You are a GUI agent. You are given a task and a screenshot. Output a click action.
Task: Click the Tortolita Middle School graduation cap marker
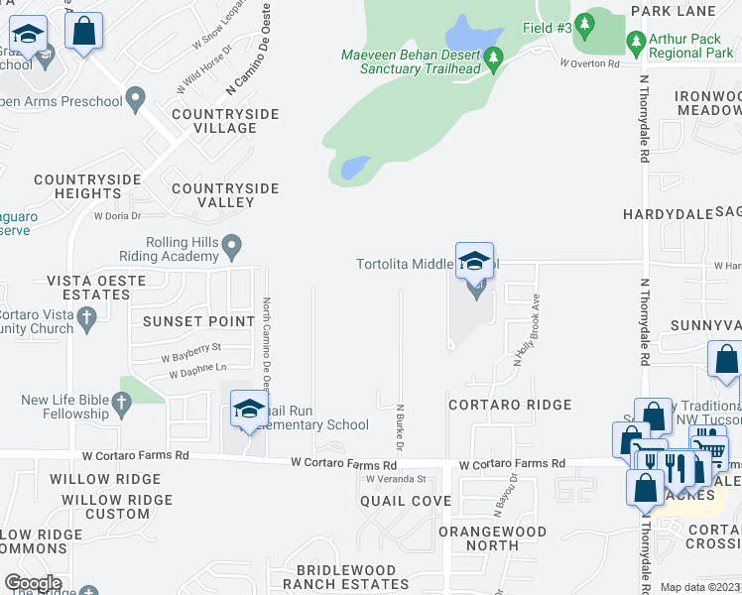coord(475,262)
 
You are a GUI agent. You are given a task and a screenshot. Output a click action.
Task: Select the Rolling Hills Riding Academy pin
coord(231,243)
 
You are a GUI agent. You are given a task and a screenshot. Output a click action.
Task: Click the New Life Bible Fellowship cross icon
coord(122,402)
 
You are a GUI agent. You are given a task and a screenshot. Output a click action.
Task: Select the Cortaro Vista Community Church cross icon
coord(86,318)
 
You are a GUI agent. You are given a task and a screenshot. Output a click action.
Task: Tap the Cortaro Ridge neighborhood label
coord(509,405)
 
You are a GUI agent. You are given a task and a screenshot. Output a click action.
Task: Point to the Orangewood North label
coord(492,537)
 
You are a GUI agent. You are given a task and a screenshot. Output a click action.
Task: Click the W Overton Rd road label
coord(589,62)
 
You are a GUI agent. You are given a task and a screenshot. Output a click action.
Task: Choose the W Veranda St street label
coord(395,478)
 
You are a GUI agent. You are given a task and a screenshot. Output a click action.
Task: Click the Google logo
coord(34,583)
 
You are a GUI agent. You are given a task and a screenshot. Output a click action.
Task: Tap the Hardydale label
coord(662,213)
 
